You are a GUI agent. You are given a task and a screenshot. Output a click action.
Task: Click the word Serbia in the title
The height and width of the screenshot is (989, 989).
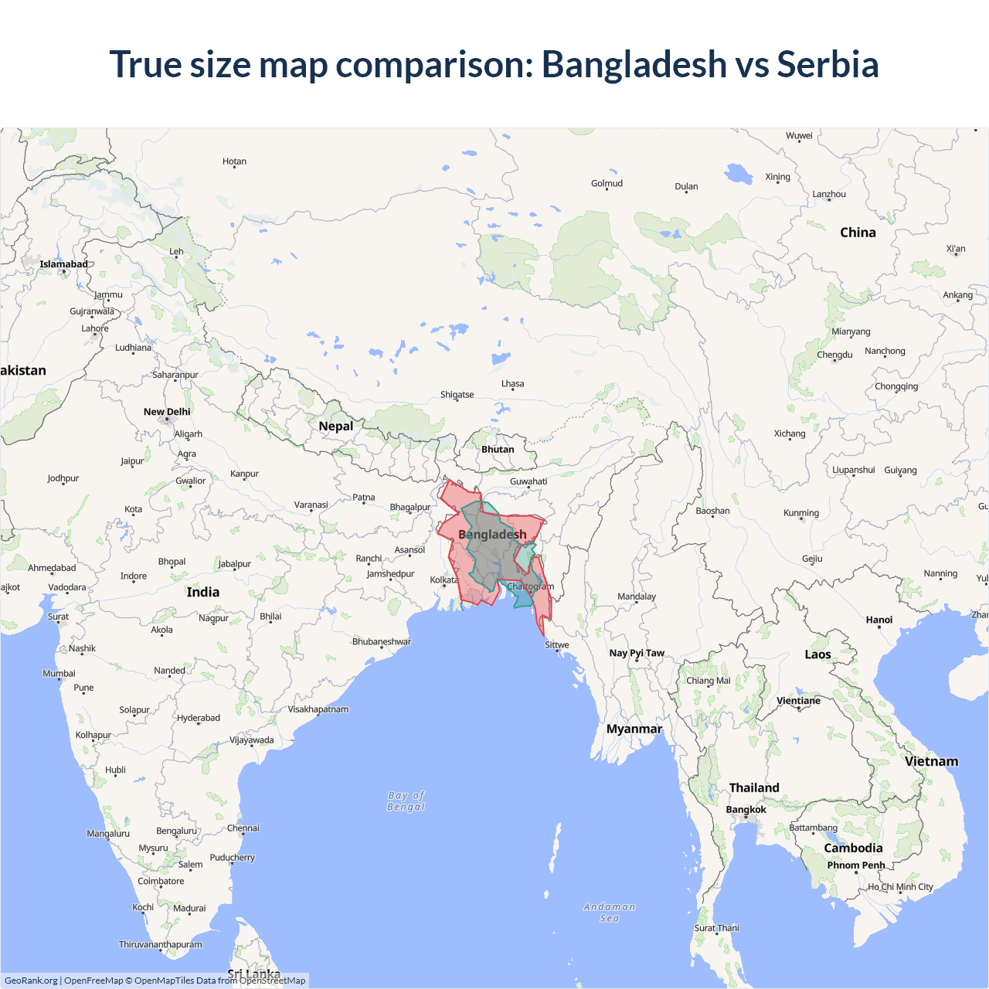[828, 64]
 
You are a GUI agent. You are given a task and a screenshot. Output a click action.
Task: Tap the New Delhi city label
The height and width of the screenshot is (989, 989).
[167, 412]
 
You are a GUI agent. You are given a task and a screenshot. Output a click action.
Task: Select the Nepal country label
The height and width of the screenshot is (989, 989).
[335, 427]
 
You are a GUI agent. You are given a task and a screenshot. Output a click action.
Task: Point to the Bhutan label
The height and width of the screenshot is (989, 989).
[498, 450]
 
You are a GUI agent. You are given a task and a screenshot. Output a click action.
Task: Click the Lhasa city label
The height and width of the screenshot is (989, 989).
[512, 384]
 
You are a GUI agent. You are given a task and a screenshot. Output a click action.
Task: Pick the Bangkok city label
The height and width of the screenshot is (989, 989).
[746, 810]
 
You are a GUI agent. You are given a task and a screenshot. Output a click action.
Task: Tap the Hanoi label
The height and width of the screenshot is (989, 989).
[879, 620]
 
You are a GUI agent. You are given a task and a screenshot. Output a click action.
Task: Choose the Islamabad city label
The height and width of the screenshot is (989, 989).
[63, 264]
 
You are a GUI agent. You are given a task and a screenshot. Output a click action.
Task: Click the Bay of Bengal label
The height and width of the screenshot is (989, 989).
[406, 801]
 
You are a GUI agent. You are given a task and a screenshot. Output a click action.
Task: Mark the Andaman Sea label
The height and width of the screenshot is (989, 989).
[610, 913]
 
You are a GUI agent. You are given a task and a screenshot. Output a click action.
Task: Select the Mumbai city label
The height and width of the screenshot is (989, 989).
[59, 674]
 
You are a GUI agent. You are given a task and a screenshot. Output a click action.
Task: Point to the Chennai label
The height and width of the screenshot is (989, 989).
[243, 828]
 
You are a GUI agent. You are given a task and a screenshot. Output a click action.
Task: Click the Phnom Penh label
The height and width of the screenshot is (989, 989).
[856, 865]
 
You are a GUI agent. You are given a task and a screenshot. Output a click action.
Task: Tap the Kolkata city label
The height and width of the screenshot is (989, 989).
[444, 580]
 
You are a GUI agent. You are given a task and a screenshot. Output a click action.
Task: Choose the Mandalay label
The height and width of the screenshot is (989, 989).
[637, 596]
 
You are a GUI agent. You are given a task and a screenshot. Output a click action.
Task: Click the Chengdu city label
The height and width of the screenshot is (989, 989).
[834, 355]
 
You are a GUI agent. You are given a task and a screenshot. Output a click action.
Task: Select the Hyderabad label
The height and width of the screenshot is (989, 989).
[199, 718]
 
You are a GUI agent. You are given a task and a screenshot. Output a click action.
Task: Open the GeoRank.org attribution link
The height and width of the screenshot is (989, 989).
[31, 981]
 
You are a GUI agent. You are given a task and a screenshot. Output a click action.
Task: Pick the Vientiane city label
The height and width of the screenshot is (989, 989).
[798, 701]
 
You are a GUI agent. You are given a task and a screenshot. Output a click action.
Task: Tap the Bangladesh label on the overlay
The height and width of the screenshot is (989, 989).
[492, 535]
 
